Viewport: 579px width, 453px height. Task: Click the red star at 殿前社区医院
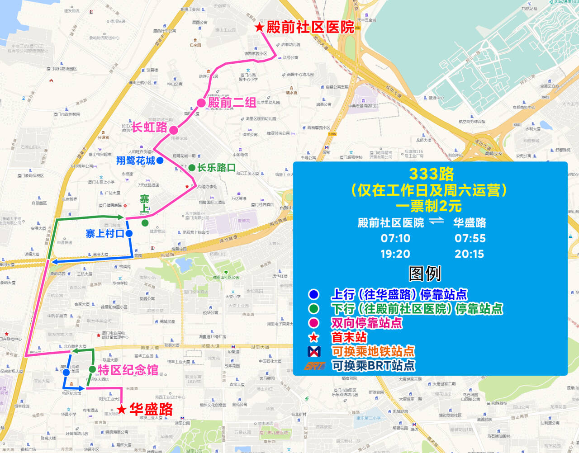pyautogui.click(x=259, y=28)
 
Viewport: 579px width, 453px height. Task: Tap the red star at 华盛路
pyautogui.click(x=121, y=410)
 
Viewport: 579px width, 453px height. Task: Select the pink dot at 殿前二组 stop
pyautogui.click(x=201, y=103)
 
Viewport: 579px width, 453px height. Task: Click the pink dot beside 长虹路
pyautogui.click(x=174, y=130)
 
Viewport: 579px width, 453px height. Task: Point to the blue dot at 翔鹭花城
pyautogui.click(x=160, y=160)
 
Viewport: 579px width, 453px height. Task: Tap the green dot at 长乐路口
pyautogui.click(x=192, y=168)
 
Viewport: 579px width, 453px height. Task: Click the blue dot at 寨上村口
pyautogui.click(x=129, y=234)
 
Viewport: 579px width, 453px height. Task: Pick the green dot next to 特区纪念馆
pyautogui.click(x=92, y=370)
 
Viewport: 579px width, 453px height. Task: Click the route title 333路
pyautogui.click(x=431, y=174)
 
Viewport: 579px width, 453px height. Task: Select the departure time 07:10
pyautogui.click(x=395, y=238)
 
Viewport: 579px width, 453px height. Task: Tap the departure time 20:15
pyautogui.click(x=469, y=254)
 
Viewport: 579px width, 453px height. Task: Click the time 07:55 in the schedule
pyautogui.click(x=470, y=238)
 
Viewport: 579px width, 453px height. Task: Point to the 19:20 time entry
pyautogui.click(x=395, y=254)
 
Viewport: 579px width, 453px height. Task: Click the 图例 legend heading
pyautogui.click(x=424, y=274)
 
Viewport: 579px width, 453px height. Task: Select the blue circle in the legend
pyautogui.click(x=313, y=295)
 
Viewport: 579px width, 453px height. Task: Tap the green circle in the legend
pyautogui.click(x=313, y=309)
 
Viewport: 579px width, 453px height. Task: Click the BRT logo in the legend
pyautogui.click(x=314, y=366)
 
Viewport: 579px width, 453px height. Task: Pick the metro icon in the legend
pyautogui.click(x=314, y=351)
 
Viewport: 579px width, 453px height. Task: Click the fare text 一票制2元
pyautogui.click(x=428, y=206)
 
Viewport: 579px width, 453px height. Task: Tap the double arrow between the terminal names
pyautogui.click(x=437, y=221)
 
